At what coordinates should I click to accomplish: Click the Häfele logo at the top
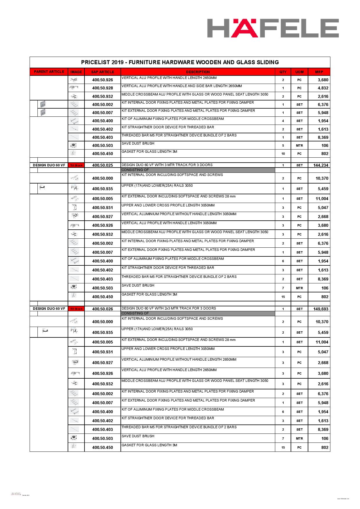pyautogui.click(x=273, y=28)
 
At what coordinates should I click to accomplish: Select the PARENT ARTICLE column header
pyautogui.click(x=49, y=72)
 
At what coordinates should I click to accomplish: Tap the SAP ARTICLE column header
pyautogui.click(x=102, y=72)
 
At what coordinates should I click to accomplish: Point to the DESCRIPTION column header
pyautogui.click(x=198, y=72)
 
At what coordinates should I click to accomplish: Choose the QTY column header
pyautogui.click(x=283, y=72)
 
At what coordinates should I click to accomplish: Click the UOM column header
pyautogui.click(x=299, y=72)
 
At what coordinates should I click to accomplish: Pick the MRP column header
pyautogui.click(x=319, y=72)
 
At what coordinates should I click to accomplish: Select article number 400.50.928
pyautogui.click(x=102, y=88)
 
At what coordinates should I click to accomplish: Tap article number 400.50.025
pyautogui.click(x=102, y=165)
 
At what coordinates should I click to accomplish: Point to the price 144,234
pyautogui.click(x=321, y=165)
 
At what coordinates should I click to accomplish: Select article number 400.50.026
pyautogui.click(x=102, y=309)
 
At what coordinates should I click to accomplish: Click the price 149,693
pyautogui.click(x=321, y=309)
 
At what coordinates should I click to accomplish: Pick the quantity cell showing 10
pyautogui.click(x=283, y=154)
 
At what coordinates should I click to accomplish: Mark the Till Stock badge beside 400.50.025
pyautogui.click(x=76, y=166)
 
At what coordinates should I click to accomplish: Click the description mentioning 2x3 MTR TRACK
pyautogui.click(x=169, y=308)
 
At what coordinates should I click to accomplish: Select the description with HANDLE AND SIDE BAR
pyautogui.click(x=181, y=86)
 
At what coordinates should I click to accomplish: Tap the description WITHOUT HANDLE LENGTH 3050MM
pyautogui.click(x=179, y=214)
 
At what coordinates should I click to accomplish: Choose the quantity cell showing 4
pyautogui.click(x=283, y=121)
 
